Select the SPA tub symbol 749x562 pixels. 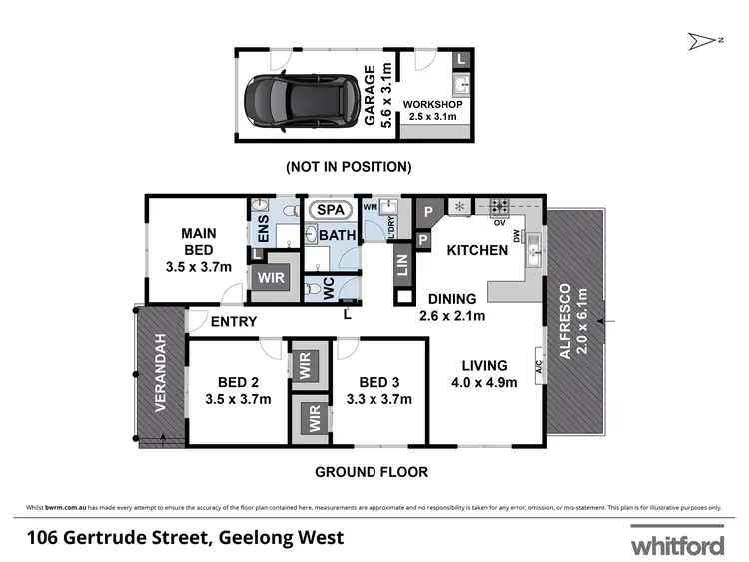(327, 211)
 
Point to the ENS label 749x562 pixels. (263, 236)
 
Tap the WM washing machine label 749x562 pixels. (370, 206)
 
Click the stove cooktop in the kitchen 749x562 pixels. (497, 208)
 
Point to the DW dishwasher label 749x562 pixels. (517, 236)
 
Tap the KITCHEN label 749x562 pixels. (476, 250)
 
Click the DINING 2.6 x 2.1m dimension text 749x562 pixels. (452, 317)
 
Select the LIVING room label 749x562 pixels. (484, 365)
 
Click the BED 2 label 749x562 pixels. (239, 381)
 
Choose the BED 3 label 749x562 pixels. (378, 381)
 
